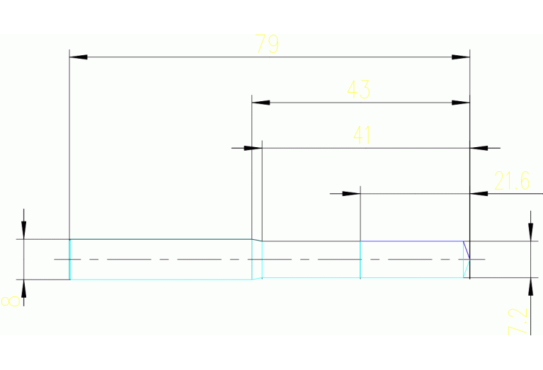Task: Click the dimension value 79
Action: pos(267,45)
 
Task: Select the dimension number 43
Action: pos(358,90)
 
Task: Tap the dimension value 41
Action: pos(362,135)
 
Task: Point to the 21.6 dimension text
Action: pos(512,181)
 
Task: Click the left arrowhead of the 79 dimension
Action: pos(78,56)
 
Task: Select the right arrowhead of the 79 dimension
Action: pos(461,56)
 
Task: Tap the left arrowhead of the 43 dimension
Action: pos(261,103)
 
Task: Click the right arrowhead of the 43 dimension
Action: pos(461,103)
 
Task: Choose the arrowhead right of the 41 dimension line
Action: pos(479,149)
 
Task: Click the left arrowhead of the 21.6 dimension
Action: pos(352,193)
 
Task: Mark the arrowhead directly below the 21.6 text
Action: pos(479,193)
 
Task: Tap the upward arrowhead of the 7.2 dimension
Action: pos(530,287)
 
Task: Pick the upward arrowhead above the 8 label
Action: pos(24,288)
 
